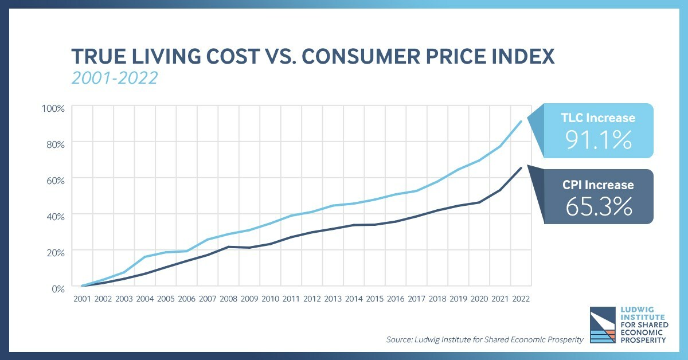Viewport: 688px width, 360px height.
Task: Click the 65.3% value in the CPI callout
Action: (599, 206)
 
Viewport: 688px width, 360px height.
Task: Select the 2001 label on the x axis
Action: (82, 299)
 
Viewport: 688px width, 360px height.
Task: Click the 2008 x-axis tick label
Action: (228, 299)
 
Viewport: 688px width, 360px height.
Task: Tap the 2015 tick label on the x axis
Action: (374, 299)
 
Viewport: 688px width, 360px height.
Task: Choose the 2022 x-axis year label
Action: (521, 299)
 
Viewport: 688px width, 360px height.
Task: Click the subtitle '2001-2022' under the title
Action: (114, 77)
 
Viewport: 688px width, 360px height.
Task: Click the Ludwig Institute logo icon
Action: (604, 325)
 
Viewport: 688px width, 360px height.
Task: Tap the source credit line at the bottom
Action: (485, 340)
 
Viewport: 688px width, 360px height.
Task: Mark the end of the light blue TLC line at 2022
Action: (521, 121)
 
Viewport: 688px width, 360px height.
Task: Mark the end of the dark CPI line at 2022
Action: (521, 167)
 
